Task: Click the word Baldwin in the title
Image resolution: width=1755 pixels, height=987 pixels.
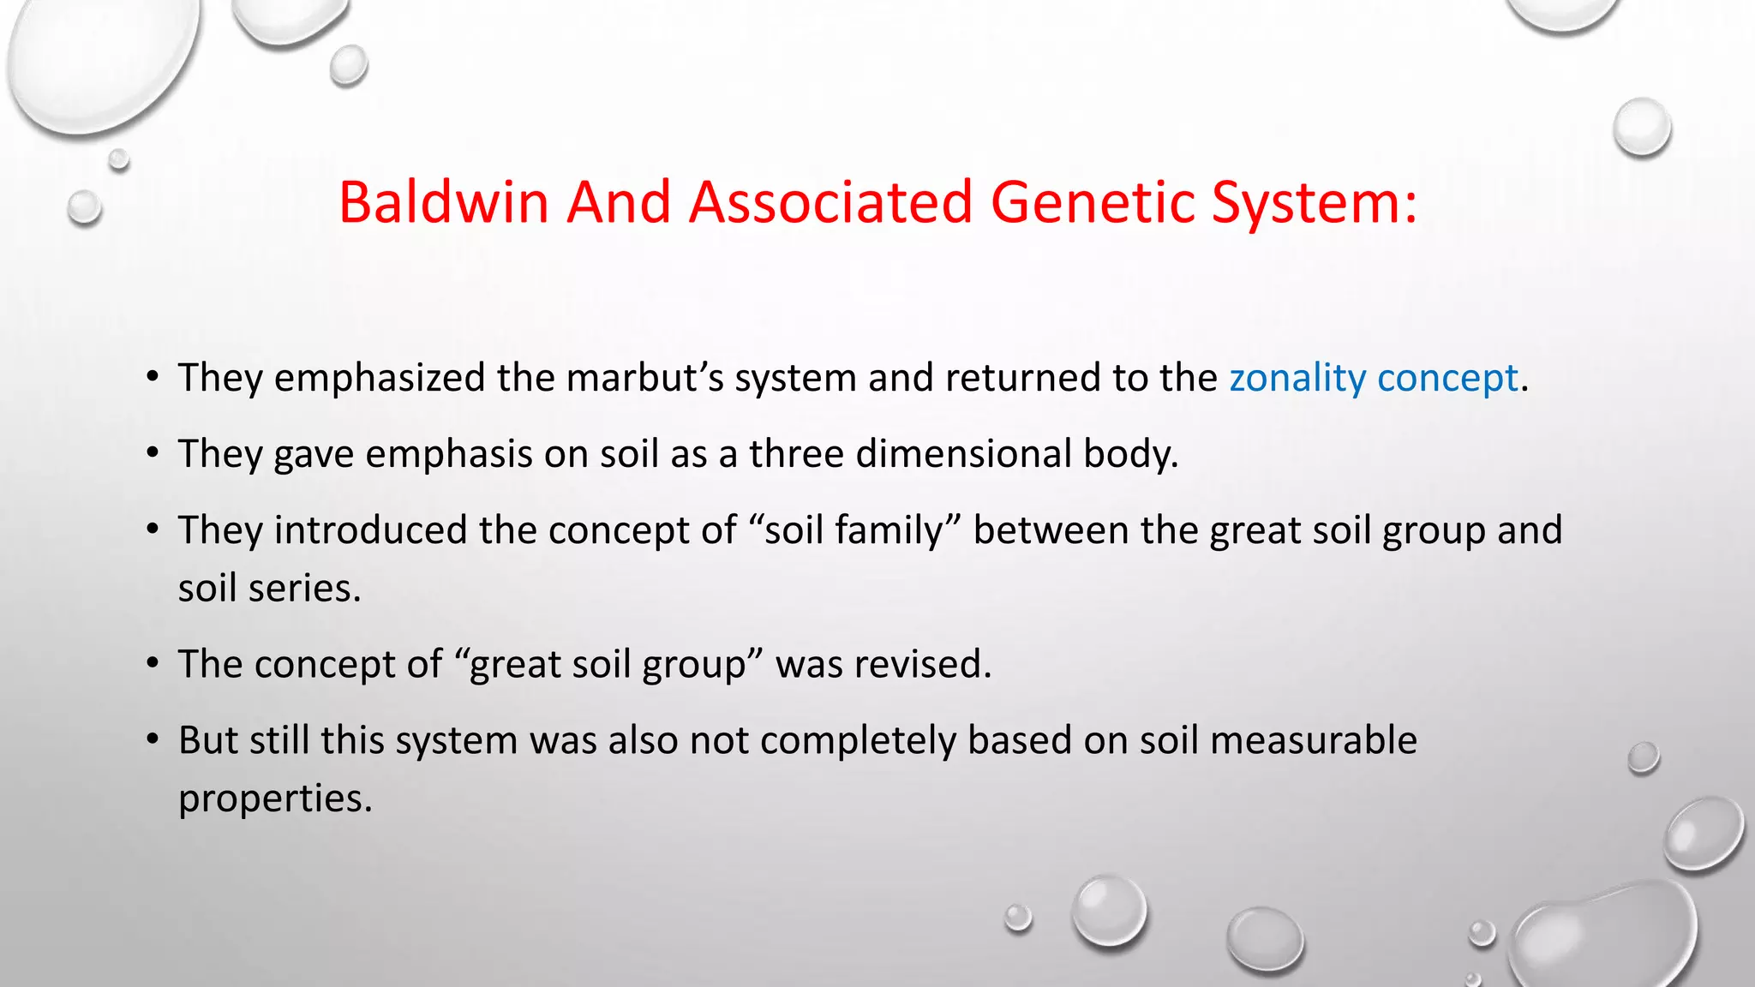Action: [443, 203]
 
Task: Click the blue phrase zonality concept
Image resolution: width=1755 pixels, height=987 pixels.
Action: [1374, 378]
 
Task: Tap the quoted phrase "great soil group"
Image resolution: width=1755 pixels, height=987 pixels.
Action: [608, 665]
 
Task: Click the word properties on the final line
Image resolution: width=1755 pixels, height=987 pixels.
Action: [274, 799]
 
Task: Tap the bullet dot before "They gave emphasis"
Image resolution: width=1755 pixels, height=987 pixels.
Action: [153, 453]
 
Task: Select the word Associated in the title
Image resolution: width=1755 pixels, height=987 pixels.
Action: [830, 203]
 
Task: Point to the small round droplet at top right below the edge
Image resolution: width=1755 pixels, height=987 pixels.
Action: [1642, 127]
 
